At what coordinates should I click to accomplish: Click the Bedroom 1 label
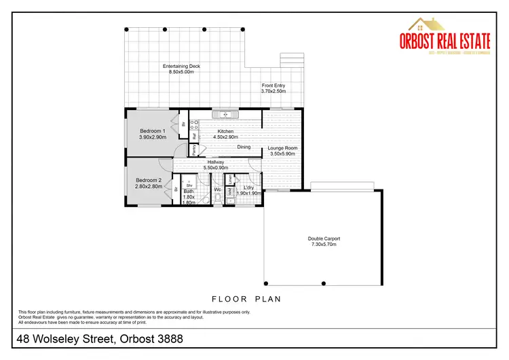(153, 130)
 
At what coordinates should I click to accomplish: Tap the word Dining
(244, 147)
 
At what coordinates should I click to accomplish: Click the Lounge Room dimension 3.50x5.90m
(282, 154)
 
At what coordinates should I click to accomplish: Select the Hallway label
(216, 162)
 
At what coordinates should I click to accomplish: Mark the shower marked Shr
(190, 184)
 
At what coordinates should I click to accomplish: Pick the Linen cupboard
(231, 179)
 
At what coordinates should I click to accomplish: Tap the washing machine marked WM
(231, 192)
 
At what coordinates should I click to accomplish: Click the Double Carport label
(324, 238)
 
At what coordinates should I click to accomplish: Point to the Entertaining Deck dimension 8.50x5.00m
(181, 72)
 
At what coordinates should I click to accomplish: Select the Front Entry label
(274, 85)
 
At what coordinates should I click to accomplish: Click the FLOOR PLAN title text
(246, 298)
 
